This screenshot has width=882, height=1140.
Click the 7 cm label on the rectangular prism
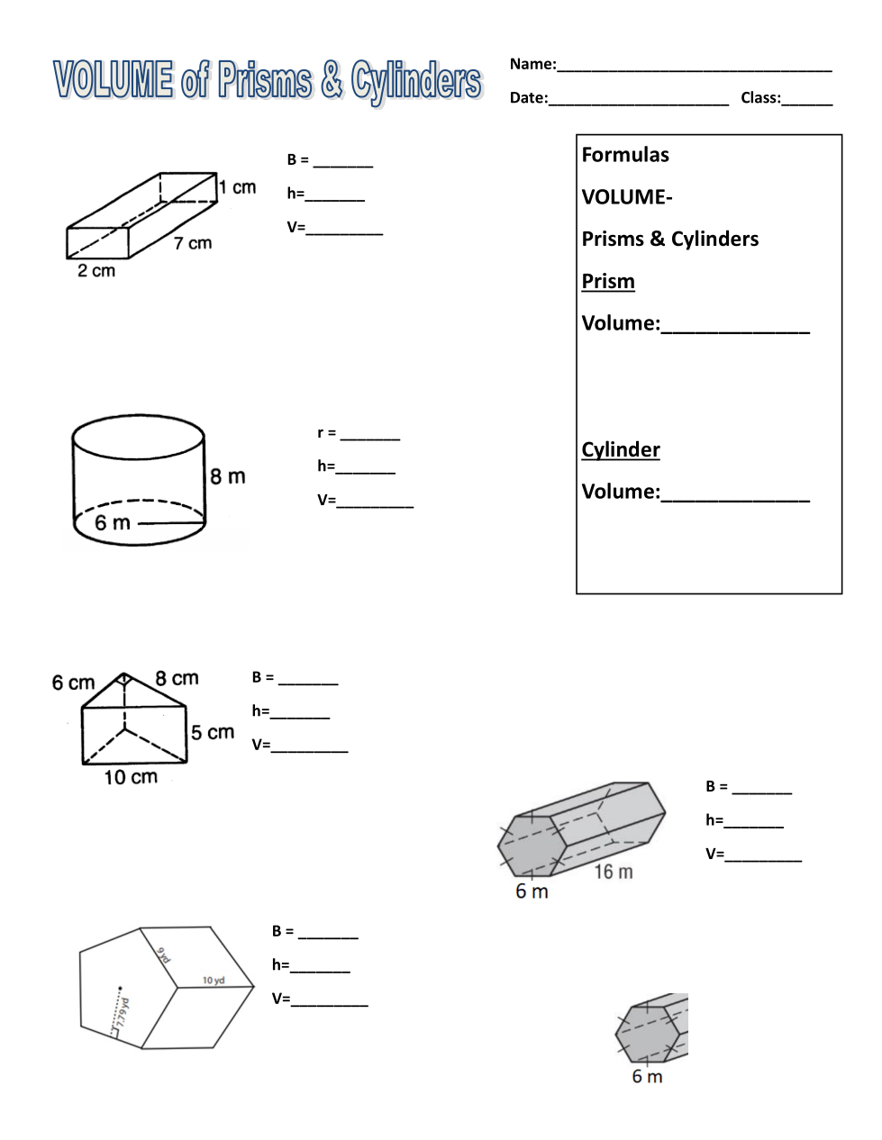point(193,243)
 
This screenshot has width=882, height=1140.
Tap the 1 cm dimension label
point(238,187)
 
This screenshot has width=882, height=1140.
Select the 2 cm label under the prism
point(96,271)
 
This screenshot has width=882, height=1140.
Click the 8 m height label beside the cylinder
point(228,476)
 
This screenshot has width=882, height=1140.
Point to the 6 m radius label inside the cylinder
point(113,523)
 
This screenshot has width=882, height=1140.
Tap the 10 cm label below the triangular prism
point(131,777)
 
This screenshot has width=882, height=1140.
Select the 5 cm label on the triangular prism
point(213,733)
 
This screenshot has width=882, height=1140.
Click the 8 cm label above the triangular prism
point(177,678)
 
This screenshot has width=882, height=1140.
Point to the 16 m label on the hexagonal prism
point(614,872)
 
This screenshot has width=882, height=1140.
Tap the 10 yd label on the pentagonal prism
point(214,981)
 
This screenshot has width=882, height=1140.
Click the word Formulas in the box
point(625,155)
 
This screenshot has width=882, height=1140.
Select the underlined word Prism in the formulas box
point(608,281)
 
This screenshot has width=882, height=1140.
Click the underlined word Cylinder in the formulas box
point(621,449)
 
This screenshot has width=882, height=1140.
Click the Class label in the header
point(760,98)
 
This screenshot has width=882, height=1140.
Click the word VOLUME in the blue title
point(114,80)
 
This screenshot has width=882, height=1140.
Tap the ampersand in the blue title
point(332,80)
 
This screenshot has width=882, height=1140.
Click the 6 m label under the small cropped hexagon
point(647,1077)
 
